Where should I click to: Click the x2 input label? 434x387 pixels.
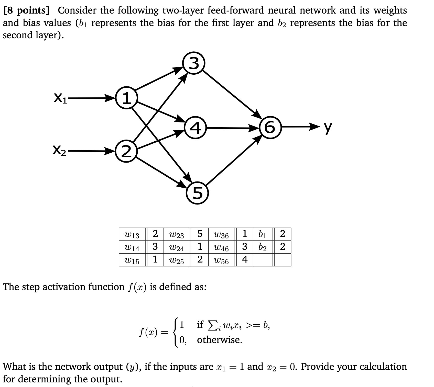tap(59, 151)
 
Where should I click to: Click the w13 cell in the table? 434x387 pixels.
tap(132, 234)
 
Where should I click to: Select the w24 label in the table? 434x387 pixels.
tap(177, 247)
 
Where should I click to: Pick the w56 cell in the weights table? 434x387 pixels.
tap(222, 260)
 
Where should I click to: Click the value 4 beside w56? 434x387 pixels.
tap(245, 260)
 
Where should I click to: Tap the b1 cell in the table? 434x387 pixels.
tap(263, 234)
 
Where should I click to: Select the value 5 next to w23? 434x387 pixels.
tap(200, 234)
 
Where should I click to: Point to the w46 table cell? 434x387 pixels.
tap(222, 247)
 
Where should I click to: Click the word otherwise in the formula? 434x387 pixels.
tap(219, 340)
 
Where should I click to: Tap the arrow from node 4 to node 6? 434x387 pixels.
tap(233, 128)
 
